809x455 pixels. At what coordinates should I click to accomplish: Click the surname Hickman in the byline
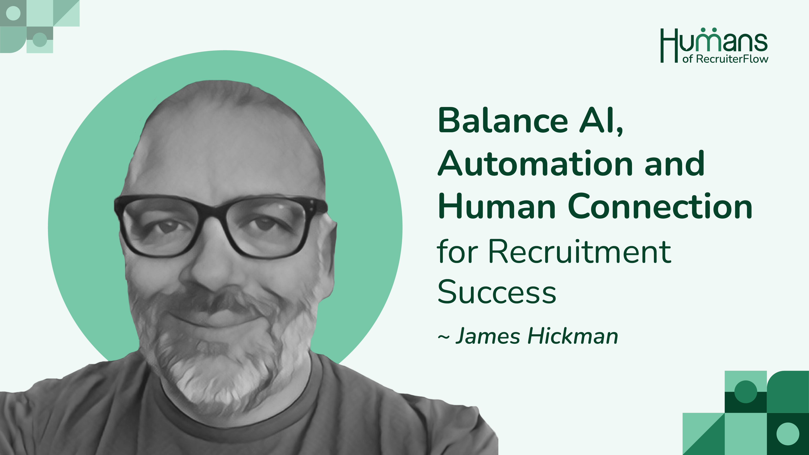point(573,336)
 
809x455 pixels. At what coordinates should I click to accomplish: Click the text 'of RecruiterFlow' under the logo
point(725,59)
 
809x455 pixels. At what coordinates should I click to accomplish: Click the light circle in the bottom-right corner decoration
point(788,434)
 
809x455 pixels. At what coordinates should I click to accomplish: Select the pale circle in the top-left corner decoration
point(13,13)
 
